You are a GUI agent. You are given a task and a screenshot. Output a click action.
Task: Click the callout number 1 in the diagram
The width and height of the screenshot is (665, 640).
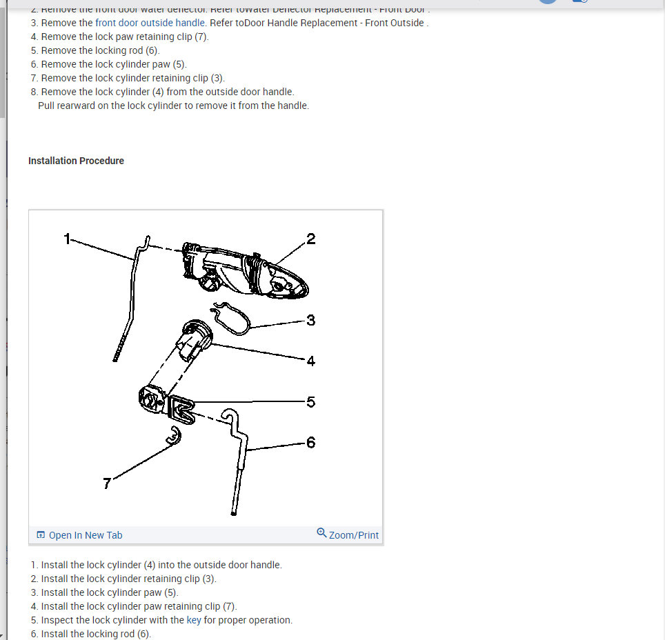[67, 239]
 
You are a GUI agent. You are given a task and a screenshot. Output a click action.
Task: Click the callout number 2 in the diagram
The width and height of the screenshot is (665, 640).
[310, 239]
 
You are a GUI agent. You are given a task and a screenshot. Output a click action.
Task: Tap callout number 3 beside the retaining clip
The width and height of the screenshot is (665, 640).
[310, 320]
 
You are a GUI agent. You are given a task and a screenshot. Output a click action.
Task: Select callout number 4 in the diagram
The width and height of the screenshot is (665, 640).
[310, 361]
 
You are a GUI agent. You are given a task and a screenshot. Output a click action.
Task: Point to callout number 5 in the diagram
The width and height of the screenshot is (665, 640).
[310, 401]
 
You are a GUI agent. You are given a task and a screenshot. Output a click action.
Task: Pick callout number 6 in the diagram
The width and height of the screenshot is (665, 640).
[310, 442]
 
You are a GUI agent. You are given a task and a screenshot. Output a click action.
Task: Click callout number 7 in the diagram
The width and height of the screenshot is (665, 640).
[107, 483]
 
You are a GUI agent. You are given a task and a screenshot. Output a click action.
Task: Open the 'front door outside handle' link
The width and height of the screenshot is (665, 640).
[150, 23]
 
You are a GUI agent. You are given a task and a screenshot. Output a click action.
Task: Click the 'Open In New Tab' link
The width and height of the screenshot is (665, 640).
[86, 535]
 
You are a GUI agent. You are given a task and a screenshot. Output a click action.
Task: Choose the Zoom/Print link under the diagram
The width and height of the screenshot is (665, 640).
[354, 535]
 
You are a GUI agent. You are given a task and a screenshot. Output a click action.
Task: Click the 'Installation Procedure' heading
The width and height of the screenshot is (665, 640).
[76, 161]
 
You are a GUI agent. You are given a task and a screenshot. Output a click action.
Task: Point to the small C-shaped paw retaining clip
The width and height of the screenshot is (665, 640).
[175, 436]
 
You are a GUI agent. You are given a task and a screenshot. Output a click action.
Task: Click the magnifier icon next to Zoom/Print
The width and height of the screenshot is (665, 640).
[321, 533]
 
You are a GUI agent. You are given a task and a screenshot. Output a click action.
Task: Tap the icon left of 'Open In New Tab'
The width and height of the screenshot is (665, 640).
[41, 535]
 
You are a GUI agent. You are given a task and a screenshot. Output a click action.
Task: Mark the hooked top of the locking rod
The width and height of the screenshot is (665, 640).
[231, 417]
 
